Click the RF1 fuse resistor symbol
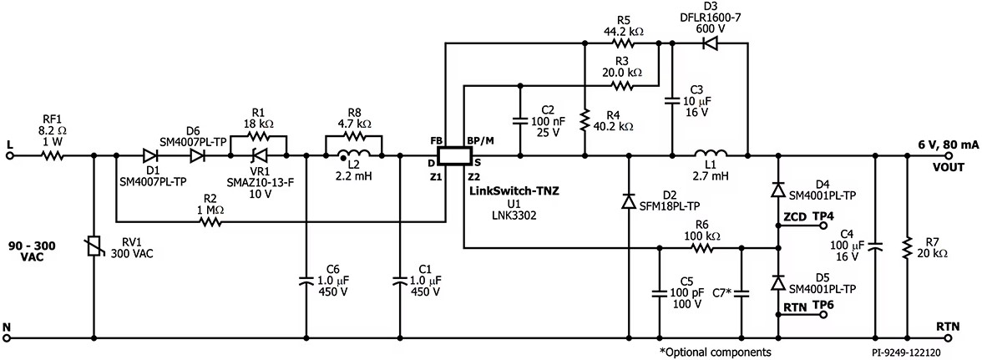(x=53, y=155)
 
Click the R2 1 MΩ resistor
(x=211, y=221)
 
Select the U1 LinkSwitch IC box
(x=454, y=155)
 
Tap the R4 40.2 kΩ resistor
(x=585, y=119)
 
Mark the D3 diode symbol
(x=709, y=43)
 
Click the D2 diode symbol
(x=628, y=201)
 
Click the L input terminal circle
(x=9, y=155)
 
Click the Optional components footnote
(x=715, y=352)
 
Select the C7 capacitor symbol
(x=741, y=292)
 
